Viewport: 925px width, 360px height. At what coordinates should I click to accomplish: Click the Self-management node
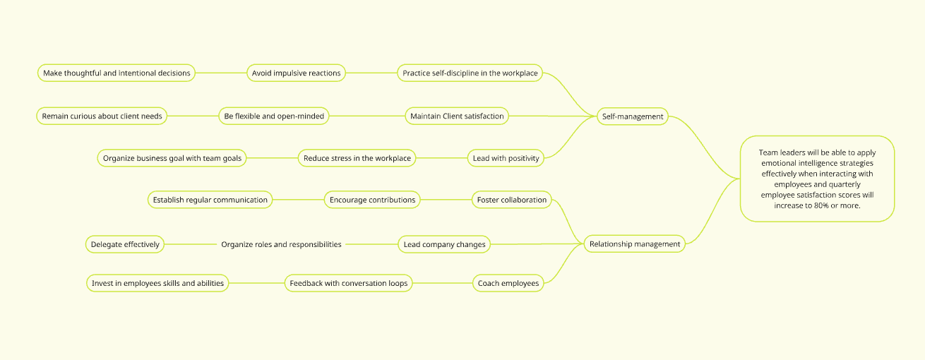pyautogui.click(x=632, y=116)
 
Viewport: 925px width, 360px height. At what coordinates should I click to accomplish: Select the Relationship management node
pyautogui.click(x=635, y=244)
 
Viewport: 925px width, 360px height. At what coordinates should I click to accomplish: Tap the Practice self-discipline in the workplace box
pyautogui.click(x=470, y=73)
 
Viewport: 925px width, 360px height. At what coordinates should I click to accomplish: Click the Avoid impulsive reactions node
pyautogui.click(x=297, y=73)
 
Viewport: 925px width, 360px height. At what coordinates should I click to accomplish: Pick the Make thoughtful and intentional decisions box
pyautogui.click(x=117, y=73)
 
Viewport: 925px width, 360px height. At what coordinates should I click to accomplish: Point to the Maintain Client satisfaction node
pyautogui.click(x=457, y=116)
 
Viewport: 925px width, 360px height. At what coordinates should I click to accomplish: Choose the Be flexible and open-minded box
pyautogui.click(x=273, y=116)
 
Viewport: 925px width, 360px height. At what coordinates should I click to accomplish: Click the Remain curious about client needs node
pyautogui.click(x=102, y=116)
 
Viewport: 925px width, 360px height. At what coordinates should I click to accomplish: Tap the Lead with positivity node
pyautogui.click(x=506, y=158)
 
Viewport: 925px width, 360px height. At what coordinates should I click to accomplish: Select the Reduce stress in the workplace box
pyautogui.click(x=357, y=158)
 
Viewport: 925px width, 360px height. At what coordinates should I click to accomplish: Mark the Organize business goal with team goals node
pyautogui.click(x=172, y=158)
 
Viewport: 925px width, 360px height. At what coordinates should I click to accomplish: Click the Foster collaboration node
pyautogui.click(x=512, y=200)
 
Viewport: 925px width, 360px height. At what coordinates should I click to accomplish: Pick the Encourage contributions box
pyautogui.click(x=372, y=200)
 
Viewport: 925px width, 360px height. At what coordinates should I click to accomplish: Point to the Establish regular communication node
pyautogui.click(x=210, y=200)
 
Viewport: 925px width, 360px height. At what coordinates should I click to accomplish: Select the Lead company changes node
pyautogui.click(x=444, y=244)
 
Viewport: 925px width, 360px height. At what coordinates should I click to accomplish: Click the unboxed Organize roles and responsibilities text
pyautogui.click(x=281, y=244)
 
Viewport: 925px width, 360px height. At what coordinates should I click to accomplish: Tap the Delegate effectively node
pyautogui.click(x=125, y=244)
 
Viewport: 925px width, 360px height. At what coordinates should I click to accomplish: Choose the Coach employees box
pyautogui.click(x=508, y=283)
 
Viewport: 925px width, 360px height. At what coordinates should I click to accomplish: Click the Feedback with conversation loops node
pyautogui.click(x=348, y=283)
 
